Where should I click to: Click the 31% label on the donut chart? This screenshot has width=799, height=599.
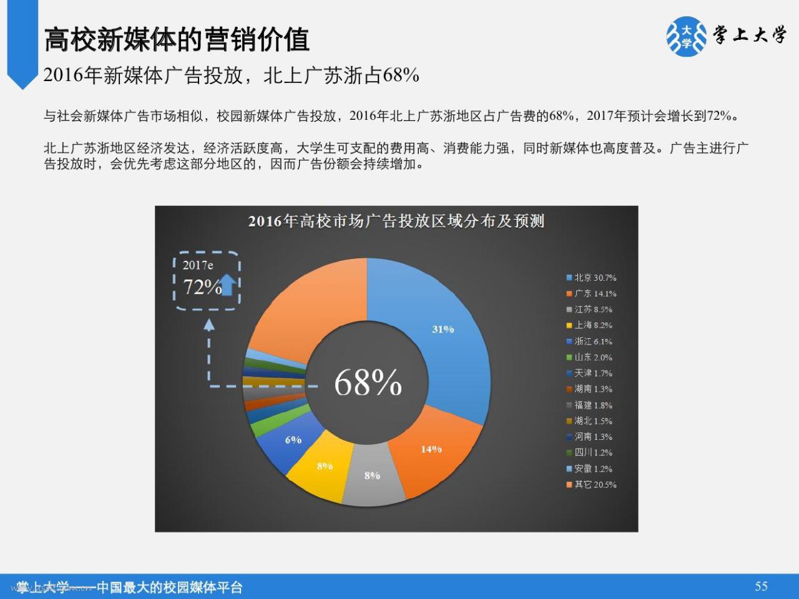443,329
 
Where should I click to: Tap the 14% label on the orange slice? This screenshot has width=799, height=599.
431,449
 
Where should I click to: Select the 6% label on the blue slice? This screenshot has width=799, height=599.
293,440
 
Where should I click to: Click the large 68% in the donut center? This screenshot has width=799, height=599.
368,382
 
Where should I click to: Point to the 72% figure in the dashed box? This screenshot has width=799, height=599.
202,287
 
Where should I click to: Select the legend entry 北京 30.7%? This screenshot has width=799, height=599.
592,278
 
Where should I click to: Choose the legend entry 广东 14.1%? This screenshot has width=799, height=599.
592,293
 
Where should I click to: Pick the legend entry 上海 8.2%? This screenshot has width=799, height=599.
589,325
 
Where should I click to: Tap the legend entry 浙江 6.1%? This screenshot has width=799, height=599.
589,341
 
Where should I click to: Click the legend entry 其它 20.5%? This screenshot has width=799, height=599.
592,484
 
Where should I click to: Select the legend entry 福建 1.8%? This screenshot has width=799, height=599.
589,405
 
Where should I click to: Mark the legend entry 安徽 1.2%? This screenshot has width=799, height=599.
589,469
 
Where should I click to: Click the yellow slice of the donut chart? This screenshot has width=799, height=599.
320,467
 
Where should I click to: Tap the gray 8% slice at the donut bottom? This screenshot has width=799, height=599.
373,477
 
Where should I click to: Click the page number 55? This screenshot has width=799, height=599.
761,586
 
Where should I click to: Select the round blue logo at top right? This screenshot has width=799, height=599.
686,36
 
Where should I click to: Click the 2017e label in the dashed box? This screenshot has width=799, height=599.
198,265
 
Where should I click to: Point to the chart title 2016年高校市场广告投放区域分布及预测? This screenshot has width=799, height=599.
396,221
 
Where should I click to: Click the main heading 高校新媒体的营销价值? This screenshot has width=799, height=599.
177,39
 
